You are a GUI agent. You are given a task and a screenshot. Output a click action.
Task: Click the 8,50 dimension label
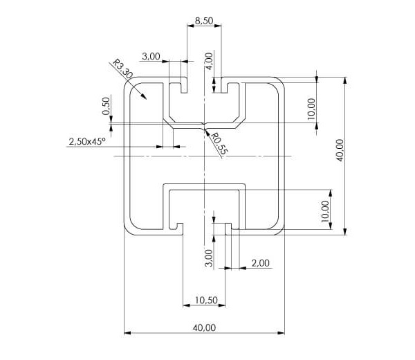(x=204, y=21)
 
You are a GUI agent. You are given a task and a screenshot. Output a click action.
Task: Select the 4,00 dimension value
(x=208, y=62)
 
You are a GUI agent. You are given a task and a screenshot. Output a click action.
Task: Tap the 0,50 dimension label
(x=107, y=105)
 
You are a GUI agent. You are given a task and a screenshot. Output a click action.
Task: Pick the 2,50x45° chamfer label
(x=86, y=141)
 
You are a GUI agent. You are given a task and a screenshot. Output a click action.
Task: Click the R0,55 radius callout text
(x=218, y=143)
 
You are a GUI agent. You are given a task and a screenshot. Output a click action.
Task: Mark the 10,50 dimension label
(x=206, y=300)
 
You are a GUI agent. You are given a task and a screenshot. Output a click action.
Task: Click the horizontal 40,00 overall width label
(x=205, y=327)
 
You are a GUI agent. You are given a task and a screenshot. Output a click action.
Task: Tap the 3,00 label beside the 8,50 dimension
(x=151, y=56)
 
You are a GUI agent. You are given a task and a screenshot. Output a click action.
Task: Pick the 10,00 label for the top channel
(x=311, y=109)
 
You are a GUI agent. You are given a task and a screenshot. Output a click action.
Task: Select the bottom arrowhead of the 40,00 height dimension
(x=346, y=232)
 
